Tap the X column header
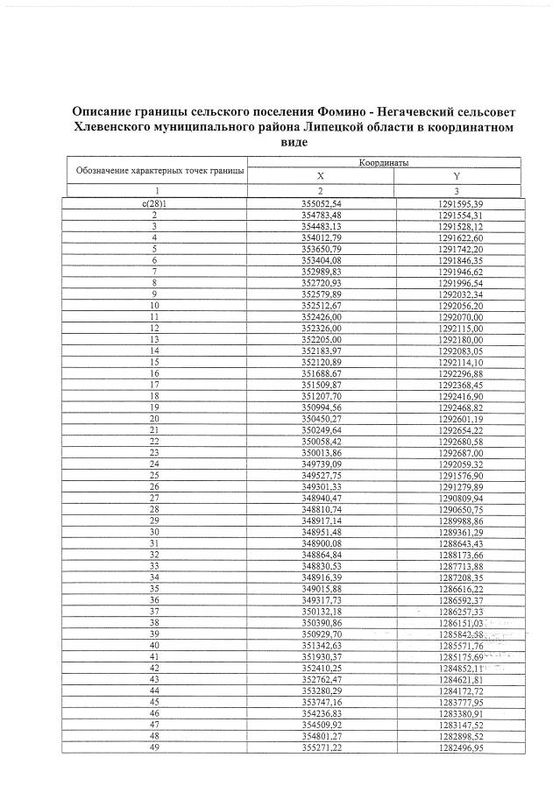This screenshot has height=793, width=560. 321,176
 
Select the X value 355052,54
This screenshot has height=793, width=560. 321,203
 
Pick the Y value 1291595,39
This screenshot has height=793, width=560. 459,203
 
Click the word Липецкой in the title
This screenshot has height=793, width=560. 347,128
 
